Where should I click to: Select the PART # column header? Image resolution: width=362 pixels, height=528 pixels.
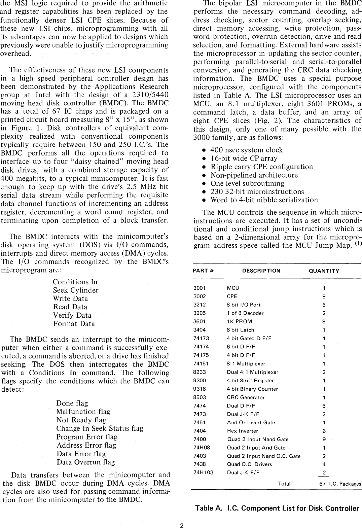tap(204, 271)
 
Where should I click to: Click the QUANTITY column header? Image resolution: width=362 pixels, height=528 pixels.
tap(324, 271)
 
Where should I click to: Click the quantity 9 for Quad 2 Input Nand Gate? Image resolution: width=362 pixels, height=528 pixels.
tap(324, 439)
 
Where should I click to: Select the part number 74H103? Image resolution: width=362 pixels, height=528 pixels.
tap(203, 472)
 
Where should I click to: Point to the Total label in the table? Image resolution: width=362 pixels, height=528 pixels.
tap(284, 484)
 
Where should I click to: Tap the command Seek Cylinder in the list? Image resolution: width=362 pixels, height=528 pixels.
tap(75, 290)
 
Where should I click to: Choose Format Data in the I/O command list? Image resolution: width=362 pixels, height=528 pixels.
tap(74, 324)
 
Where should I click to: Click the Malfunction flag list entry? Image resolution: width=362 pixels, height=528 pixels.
tap(83, 412)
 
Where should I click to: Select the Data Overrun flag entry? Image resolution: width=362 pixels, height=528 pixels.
tap(85, 462)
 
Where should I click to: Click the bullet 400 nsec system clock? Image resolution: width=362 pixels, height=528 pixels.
tap(246, 150)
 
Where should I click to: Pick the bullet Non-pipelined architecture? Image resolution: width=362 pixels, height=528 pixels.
tap(254, 175)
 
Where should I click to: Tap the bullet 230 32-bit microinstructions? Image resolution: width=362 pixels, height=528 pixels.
tap(257, 192)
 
